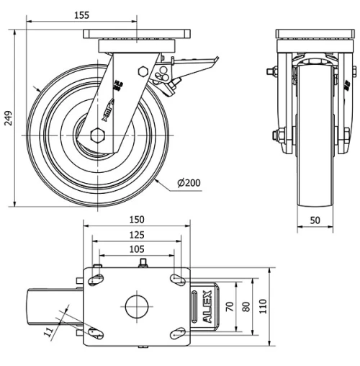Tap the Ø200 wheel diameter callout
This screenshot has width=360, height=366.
(x=188, y=182)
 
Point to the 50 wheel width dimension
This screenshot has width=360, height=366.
(x=315, y=221)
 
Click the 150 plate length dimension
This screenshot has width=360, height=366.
(x=137, y=220)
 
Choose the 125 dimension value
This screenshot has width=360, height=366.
(x=137, y=234)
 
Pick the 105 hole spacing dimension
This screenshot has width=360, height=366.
(x=137, y=249)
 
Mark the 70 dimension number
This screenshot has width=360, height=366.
(x=230, y=306)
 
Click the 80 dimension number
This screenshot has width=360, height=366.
(x=246, y=306)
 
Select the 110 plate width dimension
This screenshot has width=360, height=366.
(x=263, y=306)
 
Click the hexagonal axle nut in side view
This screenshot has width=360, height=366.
(x=99, y=135)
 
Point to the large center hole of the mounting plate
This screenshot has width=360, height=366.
(x=136, y=306)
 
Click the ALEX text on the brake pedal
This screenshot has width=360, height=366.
(x=209, y=306)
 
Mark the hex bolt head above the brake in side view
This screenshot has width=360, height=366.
(x=141, y=72)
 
